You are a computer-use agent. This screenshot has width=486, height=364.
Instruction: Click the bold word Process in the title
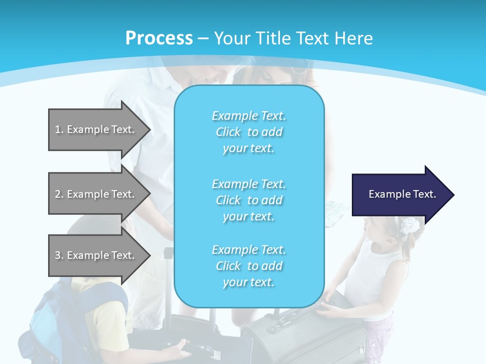[159, 38]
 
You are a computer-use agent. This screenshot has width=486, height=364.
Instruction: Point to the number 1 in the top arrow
[58, 129]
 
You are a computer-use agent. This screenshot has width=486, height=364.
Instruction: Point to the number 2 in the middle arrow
[58, 194]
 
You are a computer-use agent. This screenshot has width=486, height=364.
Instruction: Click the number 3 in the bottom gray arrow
[58, 255]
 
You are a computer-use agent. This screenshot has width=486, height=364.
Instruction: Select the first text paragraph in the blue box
[249, 132]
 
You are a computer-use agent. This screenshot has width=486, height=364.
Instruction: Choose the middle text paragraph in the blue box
[249, 200]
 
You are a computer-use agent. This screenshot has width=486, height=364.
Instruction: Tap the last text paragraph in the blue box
[249, 266]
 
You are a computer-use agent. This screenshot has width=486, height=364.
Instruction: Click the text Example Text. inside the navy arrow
[402, 194]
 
